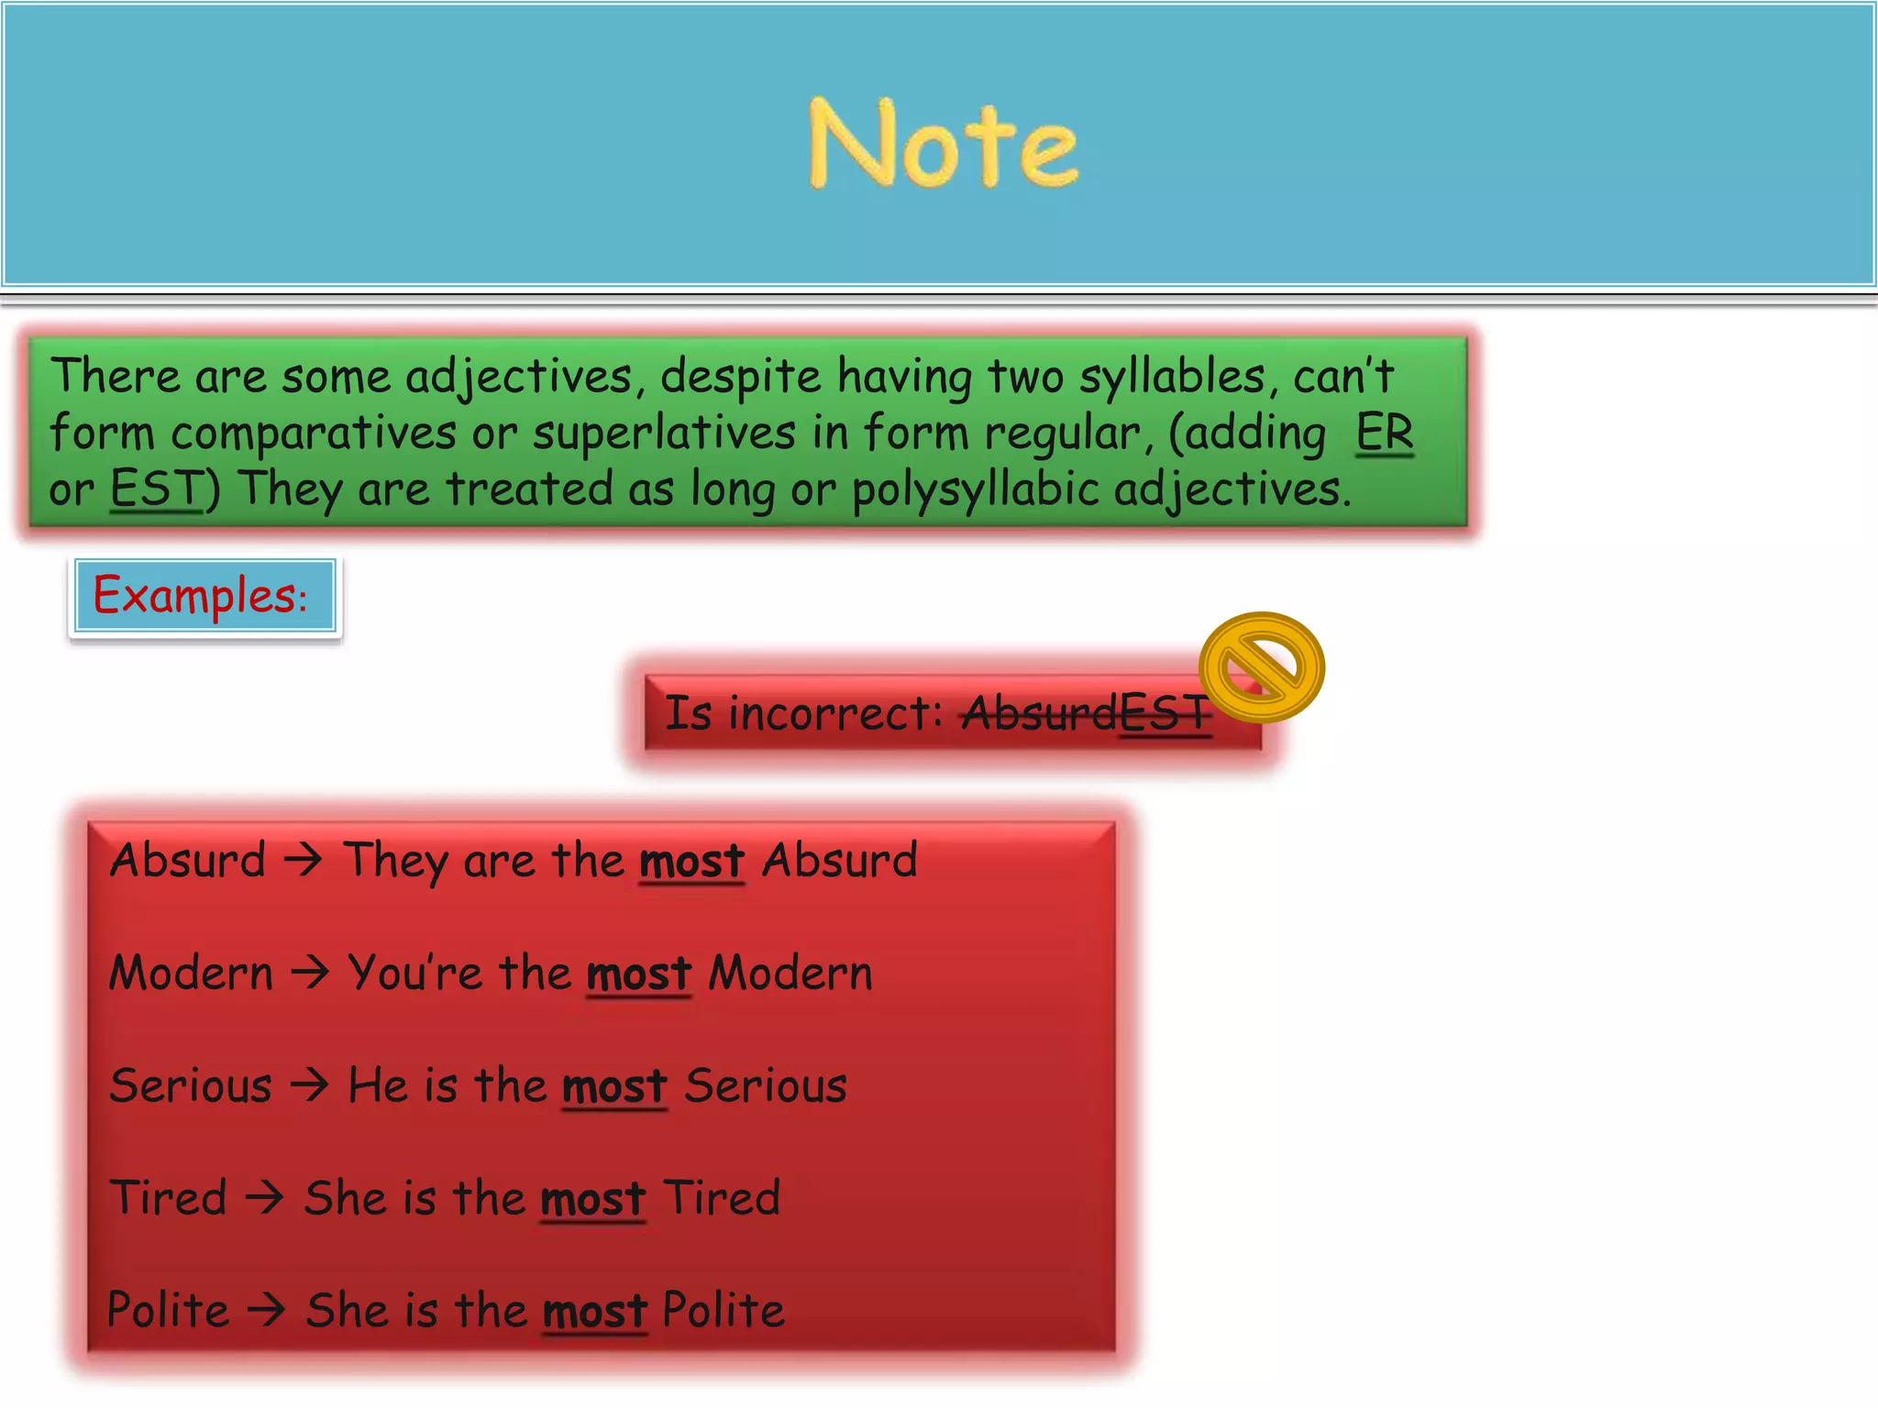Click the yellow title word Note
tap(944, 144)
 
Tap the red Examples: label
tap(200, 596)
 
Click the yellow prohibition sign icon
tap(1262, 666)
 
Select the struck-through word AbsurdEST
tap(1086, 713)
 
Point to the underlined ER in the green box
tap(1385, 432)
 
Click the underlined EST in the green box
tap(156, 488)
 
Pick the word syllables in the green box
tap(1173, 377)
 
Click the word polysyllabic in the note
tap(976, 489)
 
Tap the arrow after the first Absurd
tap(304, 860)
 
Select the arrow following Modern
tap(310, 972)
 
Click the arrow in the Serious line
tap(309, 1085)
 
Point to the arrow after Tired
tap(265, 1197)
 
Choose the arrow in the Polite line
tap(267, 1309)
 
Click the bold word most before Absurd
tap(691, 862)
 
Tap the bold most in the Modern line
tap(639, 973)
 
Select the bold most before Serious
tap(614, 1087)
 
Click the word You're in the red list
tap(414, 972)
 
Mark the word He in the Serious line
tap(378, 1085)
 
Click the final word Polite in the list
tap(724, 1309)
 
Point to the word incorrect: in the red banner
tap(834, 713)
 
